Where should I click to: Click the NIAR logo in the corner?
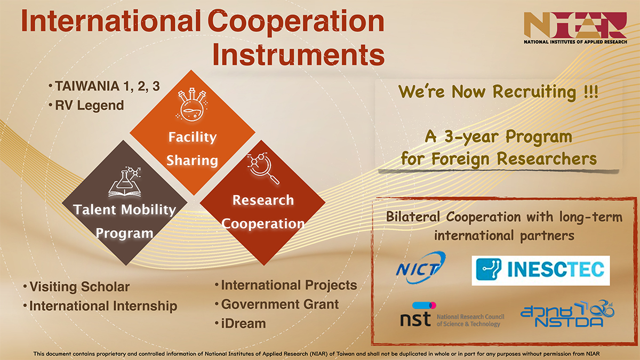(x=575, y=28)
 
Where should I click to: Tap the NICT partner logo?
(x=421, y=267)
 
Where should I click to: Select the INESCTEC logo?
(x=541, y=270)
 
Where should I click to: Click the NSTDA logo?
(x=567, y=314)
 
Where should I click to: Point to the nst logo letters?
(x=415, y=318)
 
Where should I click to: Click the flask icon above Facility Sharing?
(x=191, y=105)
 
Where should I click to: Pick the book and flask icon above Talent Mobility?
(x=125, y=182)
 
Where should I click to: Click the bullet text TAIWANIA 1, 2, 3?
(x=105, y=86)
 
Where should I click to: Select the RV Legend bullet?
(x=86, y=106)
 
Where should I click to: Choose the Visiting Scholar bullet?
(x=76, y=287)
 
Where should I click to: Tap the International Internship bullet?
(x=100, y=306)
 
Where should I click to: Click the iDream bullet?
(x=241, y=324)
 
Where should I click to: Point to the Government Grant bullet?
(x=277, y=305)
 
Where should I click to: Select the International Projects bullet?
(x=286, y=285)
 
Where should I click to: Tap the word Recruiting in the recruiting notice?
(x=534, y=92)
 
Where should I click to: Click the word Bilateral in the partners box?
(x=413, y=217)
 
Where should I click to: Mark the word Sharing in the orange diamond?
(x=192, y=161)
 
